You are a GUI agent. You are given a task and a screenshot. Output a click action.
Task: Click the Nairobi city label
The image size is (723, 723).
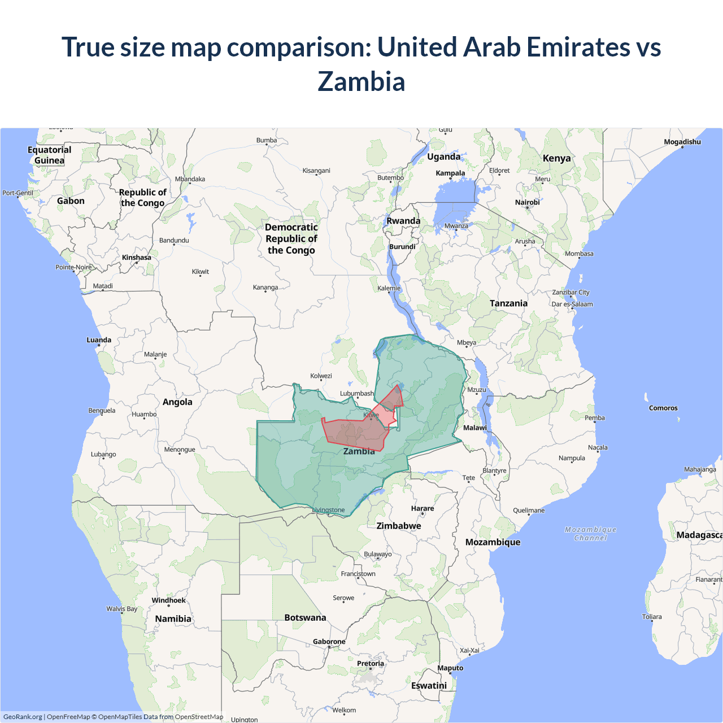click(x=527, y=202)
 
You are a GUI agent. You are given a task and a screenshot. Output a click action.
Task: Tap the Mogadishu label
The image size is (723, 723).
click(x=682, y=142)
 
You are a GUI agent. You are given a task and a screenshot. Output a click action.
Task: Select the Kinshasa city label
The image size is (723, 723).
click(x=137, y=258)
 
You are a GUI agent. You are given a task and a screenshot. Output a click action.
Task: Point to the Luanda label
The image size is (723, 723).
click(x=99, y=340)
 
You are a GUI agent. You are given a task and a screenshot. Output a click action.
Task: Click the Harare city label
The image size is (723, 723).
click(x=423, y=508)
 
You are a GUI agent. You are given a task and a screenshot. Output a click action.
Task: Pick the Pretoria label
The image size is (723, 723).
click(x=370, y=663)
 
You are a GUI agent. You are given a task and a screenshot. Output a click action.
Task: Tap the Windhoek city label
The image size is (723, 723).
click(x=168, y=600)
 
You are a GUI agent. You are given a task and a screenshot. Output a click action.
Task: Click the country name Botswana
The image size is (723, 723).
click(x=305, y=617)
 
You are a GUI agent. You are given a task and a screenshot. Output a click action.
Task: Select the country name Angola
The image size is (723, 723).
click(x=177, y=402)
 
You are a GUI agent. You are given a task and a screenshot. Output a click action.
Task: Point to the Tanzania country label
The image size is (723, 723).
click(x=508, y=303)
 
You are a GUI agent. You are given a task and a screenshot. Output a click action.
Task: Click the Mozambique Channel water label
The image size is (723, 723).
click(x=590, y=534)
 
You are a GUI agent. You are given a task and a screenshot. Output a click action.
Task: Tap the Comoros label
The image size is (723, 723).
click(x=663, y=408)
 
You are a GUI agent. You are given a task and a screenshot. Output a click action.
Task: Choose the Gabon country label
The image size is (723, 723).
click(x=71, y=201)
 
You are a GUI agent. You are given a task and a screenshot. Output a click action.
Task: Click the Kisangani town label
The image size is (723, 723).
click(x=316, y=171)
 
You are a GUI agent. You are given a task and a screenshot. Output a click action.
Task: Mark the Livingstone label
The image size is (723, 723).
click(x=329, y=510)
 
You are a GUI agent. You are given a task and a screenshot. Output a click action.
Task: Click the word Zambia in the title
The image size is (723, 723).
click(x=361, y=81)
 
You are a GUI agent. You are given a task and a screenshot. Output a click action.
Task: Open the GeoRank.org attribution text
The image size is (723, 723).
click(x=23, y=717)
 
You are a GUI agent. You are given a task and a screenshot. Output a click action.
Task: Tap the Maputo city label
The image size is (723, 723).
click(x=450, y=668)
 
